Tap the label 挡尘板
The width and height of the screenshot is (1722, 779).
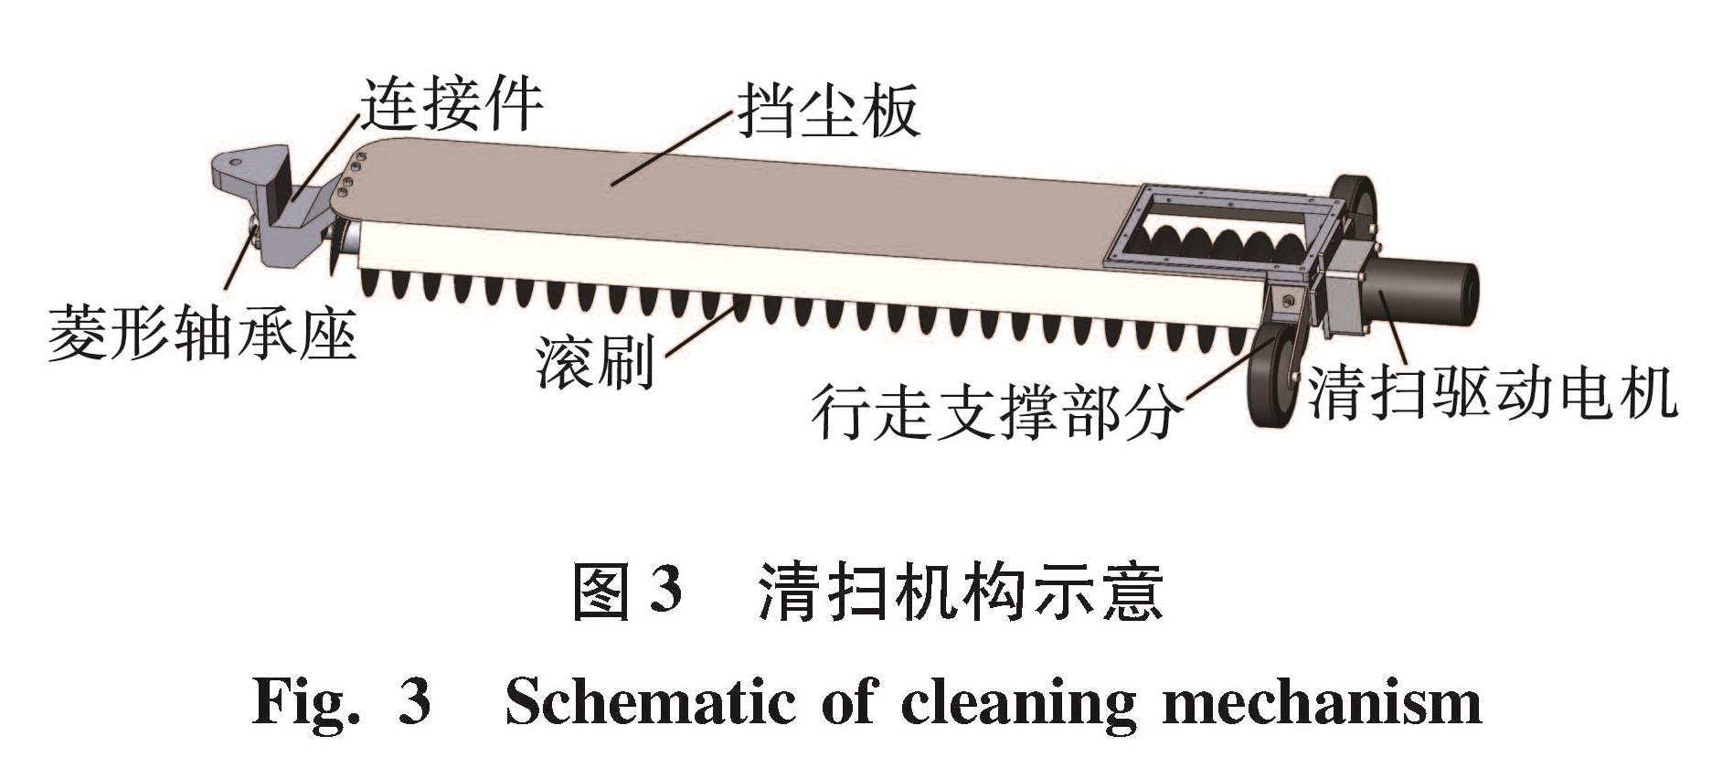pyautogui.click(x=827, y=112)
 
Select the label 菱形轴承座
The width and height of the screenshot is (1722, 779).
pyautogui.click(x=202, y=334)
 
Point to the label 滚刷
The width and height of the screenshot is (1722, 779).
pyautogui.click(x=595, y=363)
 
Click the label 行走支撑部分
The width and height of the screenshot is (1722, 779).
pyautogui.click(x=994, y=413)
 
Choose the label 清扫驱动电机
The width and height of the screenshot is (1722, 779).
pyautogui.click(x=1492, y=393)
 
